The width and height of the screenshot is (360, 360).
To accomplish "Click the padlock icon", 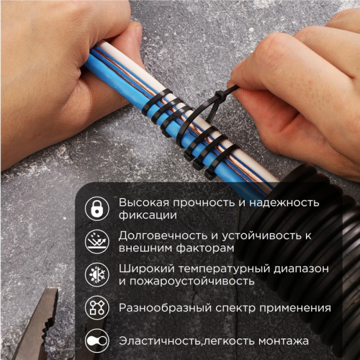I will click(96, 209).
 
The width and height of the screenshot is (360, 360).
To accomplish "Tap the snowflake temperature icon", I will click(96, 275).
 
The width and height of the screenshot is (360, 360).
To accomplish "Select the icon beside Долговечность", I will click(96, 241).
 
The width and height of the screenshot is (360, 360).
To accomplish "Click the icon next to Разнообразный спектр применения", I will click(96, 308).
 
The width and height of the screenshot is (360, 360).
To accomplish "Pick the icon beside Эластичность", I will click(96, 341).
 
